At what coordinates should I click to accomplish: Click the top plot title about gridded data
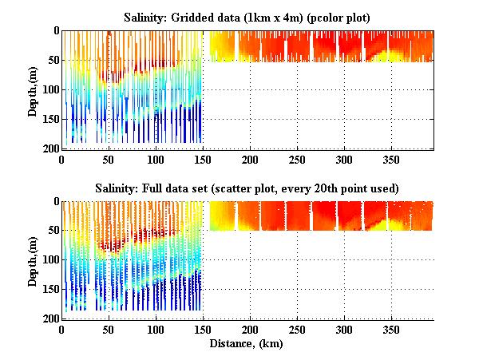click(x=246, y=17)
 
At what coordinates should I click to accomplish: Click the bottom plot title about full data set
click(x=246, y=188)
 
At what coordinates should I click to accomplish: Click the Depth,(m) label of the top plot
click(x=32, y=89)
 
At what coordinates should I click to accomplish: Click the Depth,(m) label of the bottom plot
click(x=32, y=259)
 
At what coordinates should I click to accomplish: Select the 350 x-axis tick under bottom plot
click(x=391, y=329)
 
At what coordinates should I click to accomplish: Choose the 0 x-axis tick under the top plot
click(x=61, y=159)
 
